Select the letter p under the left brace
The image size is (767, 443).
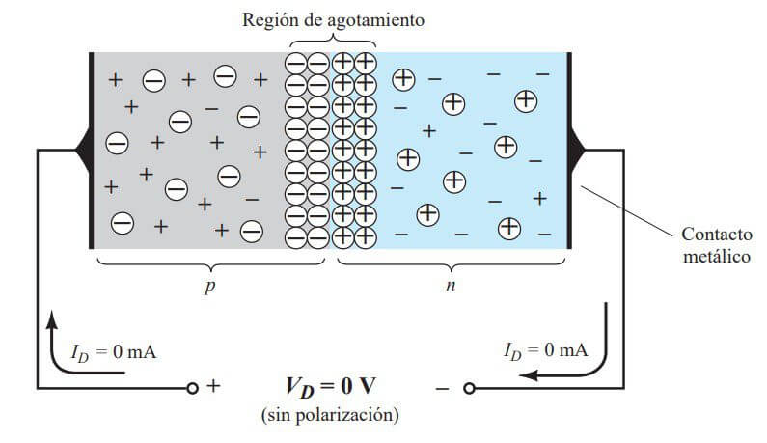coord(209,287)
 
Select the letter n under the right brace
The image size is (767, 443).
coord(450,287)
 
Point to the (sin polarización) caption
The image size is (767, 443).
coord(328,416)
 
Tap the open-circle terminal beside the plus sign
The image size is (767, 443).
coord(193,388)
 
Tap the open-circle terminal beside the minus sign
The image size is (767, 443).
coord(470,388)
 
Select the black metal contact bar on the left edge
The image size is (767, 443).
coord(91,150)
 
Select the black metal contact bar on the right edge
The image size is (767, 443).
coord(569,150)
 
